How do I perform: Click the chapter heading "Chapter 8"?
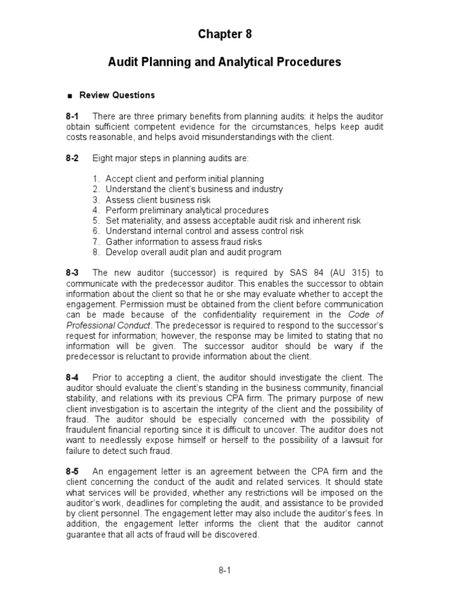point(224,35)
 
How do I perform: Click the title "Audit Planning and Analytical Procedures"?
point(224,62)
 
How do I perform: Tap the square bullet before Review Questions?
point(70,96)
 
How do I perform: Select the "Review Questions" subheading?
point(117,95)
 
